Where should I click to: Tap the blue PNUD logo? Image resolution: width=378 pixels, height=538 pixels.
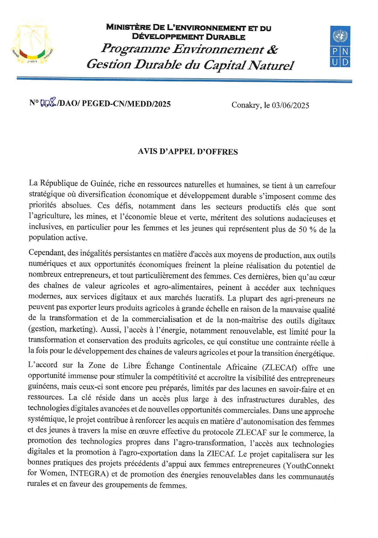(340, 46)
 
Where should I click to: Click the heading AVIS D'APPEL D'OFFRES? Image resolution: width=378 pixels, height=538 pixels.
(188, 152)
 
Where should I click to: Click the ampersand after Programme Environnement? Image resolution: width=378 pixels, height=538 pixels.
(272, 50)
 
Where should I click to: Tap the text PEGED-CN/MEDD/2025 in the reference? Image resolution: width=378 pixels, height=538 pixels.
(126, 104)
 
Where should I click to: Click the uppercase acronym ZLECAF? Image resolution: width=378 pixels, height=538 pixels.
(251, 432)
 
